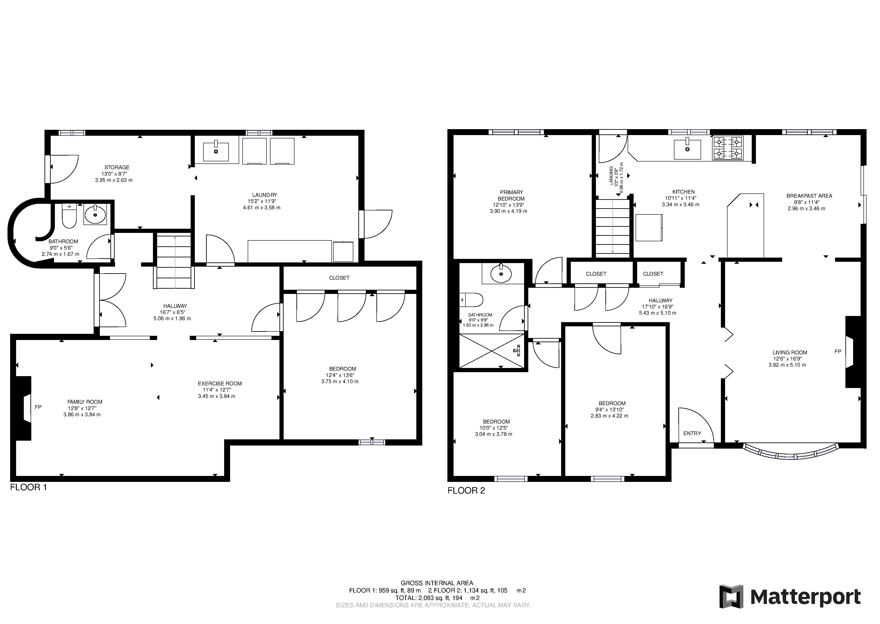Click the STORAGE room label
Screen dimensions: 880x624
[117, 167]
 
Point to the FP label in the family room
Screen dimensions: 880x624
[38, 407]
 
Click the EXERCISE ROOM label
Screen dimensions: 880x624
[220, 383]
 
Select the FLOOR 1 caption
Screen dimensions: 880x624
[28, 488]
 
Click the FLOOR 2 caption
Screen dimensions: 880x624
[466, 491]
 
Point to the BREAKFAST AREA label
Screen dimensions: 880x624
[809, 196]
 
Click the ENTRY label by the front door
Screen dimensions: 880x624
[692, 433]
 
